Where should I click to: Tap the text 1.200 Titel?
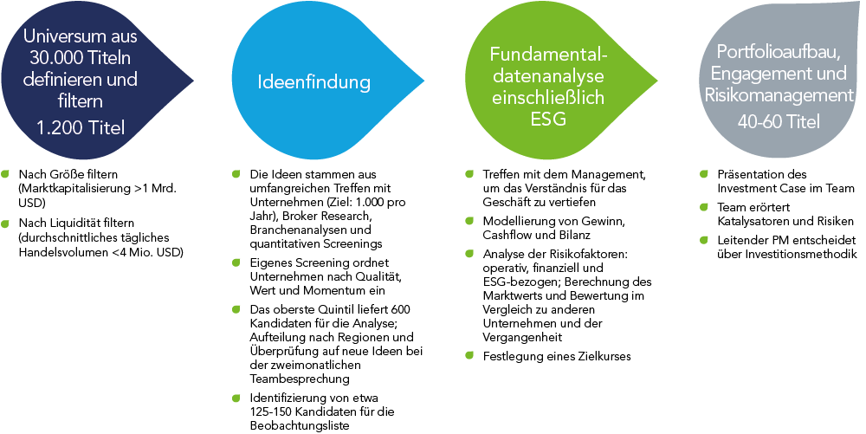point(81,127)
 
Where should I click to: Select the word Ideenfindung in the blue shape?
point(313,81)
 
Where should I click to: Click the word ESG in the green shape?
point(547,119)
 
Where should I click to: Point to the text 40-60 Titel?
point(779,121)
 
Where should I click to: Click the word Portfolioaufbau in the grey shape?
point(776,51)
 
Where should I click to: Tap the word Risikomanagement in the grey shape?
point(779,95)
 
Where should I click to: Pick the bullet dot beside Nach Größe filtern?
point(5,173)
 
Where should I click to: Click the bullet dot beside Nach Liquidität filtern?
point(5,223)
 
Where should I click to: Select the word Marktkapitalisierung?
point(74,188)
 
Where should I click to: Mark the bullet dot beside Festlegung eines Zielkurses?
point(469,355)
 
